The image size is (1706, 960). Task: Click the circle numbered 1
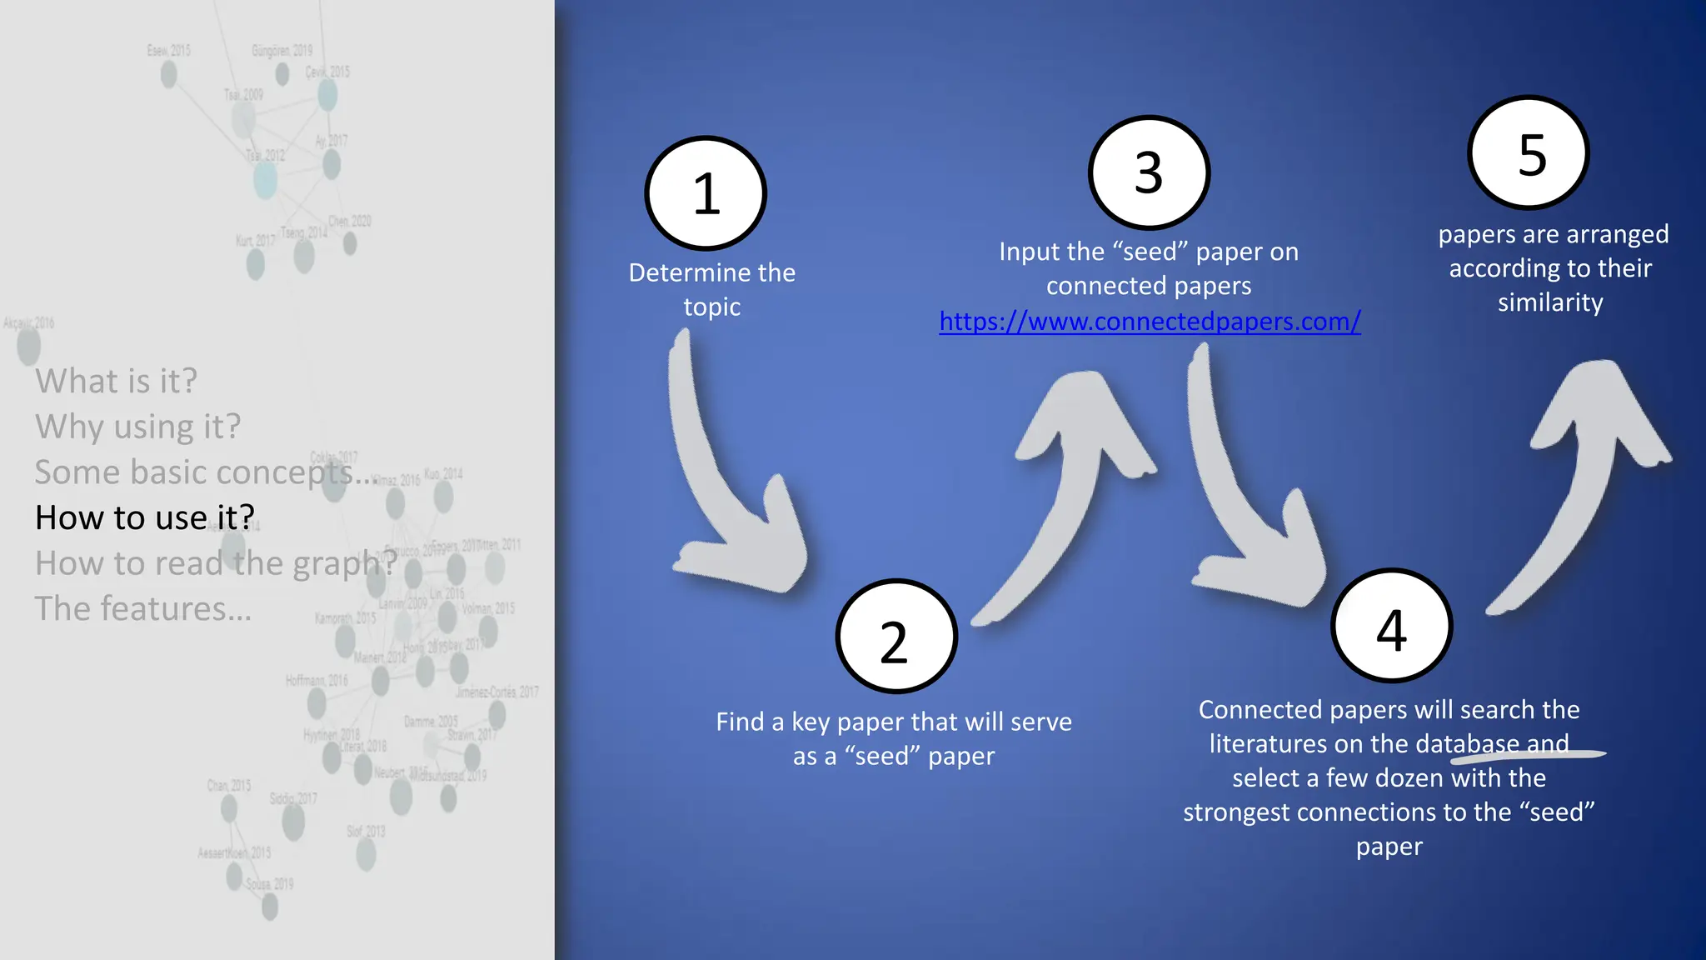tap(706, 193)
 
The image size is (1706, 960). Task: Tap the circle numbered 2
tap(896, 637)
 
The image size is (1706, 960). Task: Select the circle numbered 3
tap(1149, 172)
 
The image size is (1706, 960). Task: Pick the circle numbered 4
tap(1391, 627)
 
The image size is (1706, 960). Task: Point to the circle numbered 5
tap(1529, 153)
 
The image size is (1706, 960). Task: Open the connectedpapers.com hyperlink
tap(1150, 322)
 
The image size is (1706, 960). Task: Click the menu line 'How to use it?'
tap(145, 517)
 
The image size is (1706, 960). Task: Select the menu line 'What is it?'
tap(117, 381)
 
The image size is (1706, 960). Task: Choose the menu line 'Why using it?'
tap(137, 427)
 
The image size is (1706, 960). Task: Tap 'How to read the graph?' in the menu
tap(215, 563)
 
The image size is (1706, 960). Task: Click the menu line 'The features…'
tap(142, 609)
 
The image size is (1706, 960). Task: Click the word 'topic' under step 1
tap(711, 307)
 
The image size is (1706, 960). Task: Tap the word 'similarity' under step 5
tap(1550, 302)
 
